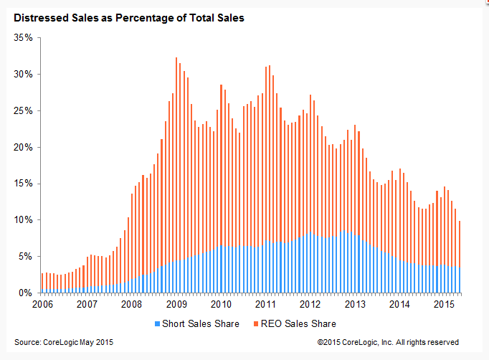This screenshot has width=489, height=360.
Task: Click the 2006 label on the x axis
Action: [x=42, y=304]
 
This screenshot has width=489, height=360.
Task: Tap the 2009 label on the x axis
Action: [x=177, y=304]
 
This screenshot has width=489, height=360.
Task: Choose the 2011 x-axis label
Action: [x=266, y=304]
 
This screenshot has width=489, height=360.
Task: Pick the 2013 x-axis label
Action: [x=356, y=304]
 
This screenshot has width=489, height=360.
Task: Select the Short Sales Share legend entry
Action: [x=200, y=323]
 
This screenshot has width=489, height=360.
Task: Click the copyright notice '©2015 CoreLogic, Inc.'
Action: [x=388, y=342]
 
